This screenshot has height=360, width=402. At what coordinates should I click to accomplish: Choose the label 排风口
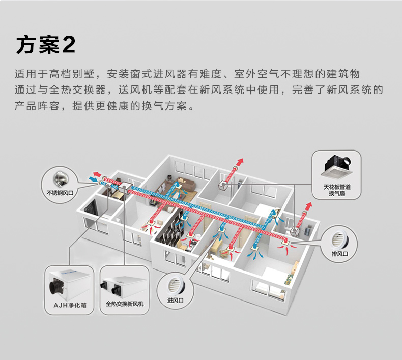click(x=339, y=253)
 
